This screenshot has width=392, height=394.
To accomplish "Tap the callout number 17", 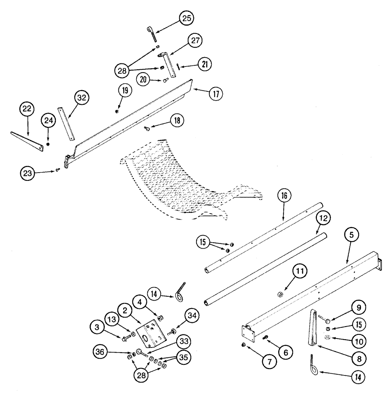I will [x=216, y=94].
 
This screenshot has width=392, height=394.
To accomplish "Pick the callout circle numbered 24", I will [x=48, y=121].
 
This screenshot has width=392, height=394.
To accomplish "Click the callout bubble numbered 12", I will [x=322, y=218].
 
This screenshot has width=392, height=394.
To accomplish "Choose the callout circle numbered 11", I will [x=300, y=272].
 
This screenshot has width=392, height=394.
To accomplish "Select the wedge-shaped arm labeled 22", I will [x=28, y=139].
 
